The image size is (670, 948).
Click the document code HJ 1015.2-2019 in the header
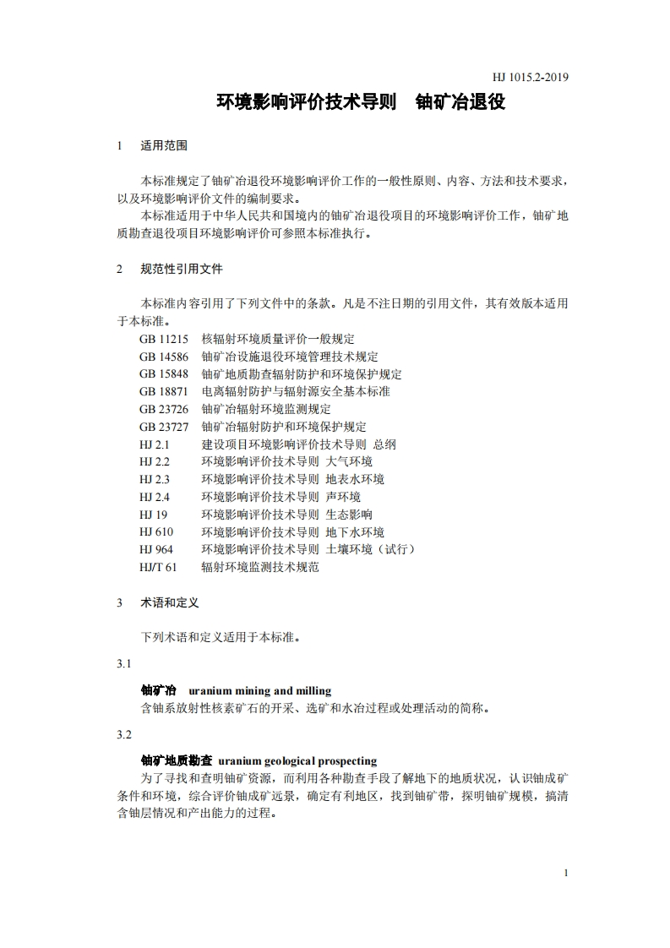(x=530, y=79)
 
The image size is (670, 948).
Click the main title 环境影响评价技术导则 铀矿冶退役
(x=361, y=103)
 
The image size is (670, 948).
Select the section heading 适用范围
(x=164, y=145)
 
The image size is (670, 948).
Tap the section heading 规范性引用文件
(x=182, y=269)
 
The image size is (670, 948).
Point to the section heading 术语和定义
(x=170, y=602)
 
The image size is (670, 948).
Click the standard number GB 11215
(x=164, y=339)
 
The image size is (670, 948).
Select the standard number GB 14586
(x=164, y=357)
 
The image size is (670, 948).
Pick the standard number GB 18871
(x=164, y=391)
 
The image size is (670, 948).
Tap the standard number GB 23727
(x=164, y=427)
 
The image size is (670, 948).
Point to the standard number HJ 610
(x=156, y=532)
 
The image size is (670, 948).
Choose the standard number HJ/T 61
(x=158, y=567)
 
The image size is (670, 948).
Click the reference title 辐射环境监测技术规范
(x=260, y=567)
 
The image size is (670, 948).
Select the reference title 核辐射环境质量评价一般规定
(x=278, y=339)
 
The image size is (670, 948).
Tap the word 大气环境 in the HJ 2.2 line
(x=349, y=462)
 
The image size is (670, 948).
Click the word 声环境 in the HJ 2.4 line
(x=343, y=497)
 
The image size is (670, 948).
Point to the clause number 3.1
(x=124, y=664)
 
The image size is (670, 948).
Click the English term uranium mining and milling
(x=260, y=690)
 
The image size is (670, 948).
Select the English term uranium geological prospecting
(x=297, y=760)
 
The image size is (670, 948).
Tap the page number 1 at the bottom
(x=565, y=873)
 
